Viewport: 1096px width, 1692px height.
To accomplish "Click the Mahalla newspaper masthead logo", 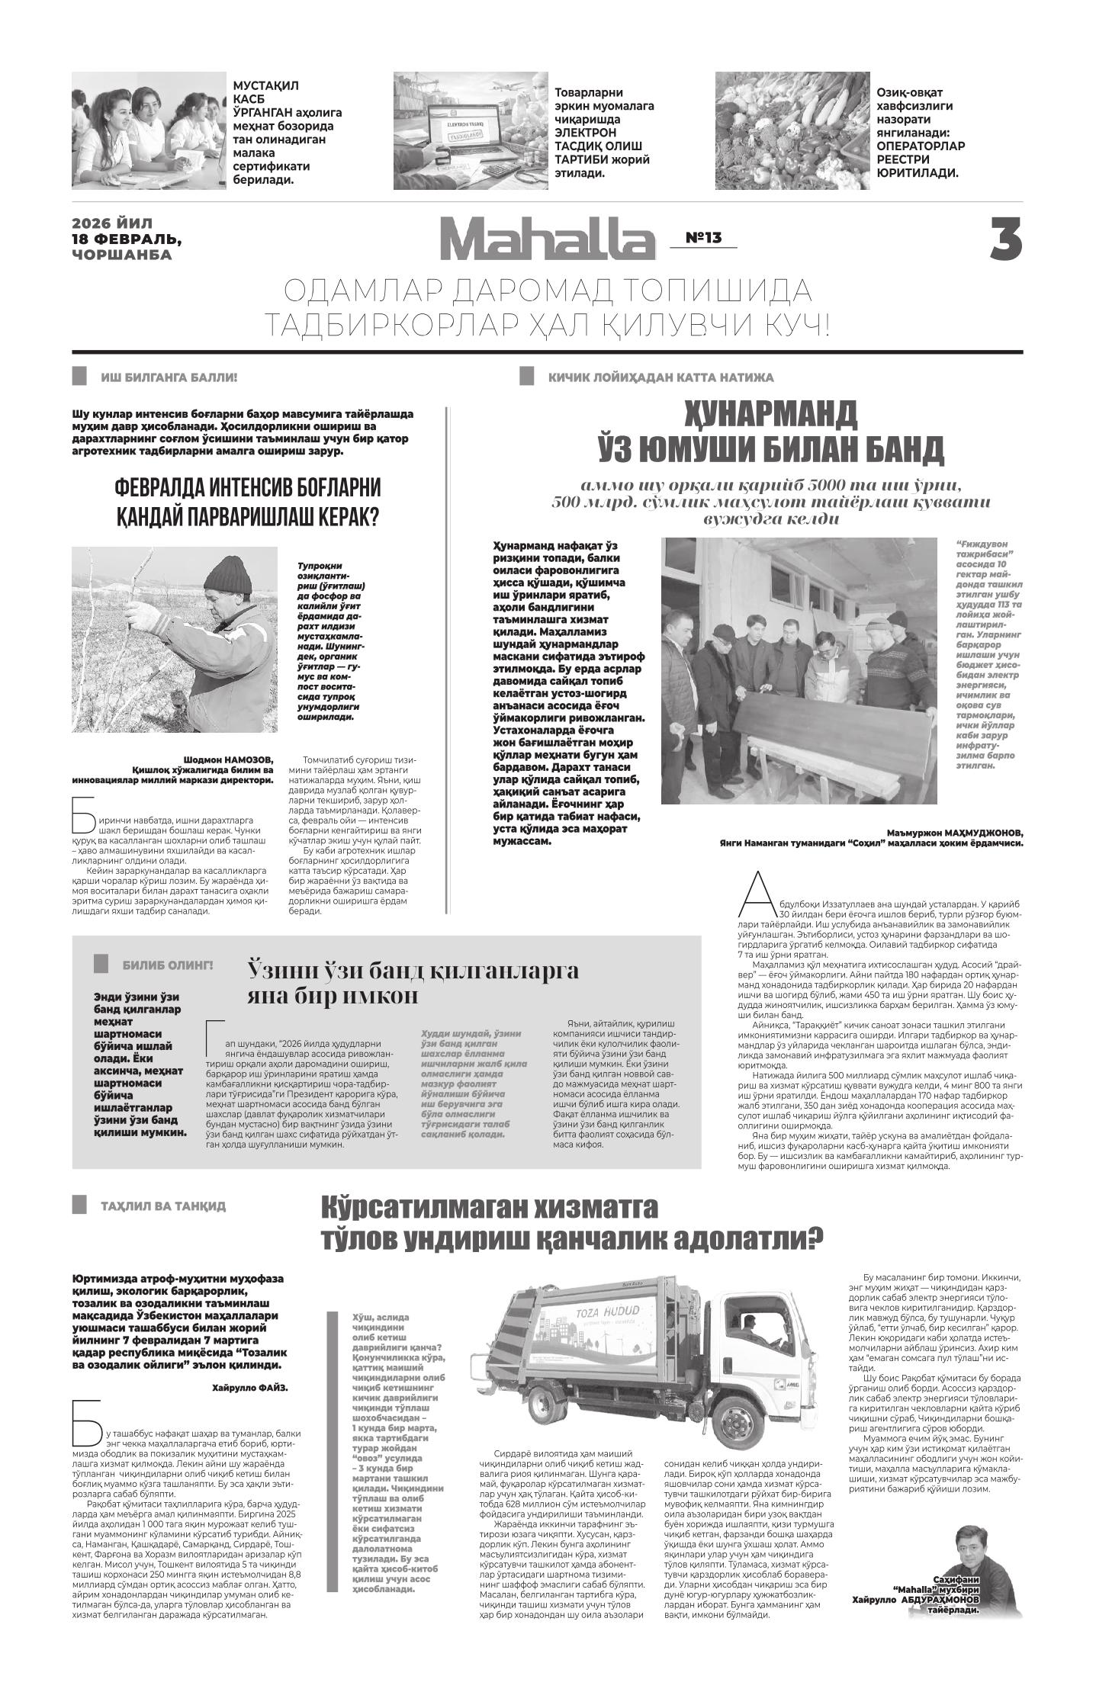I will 547,239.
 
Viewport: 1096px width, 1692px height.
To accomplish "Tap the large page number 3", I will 1005,239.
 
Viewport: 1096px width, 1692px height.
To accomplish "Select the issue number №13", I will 702,238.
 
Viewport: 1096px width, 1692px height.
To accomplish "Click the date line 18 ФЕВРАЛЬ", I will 127,239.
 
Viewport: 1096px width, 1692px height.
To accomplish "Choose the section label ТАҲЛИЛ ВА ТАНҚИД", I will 162,1206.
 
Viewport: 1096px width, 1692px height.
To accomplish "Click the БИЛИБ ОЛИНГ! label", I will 167,965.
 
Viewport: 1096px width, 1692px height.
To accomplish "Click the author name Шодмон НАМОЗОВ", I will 227,759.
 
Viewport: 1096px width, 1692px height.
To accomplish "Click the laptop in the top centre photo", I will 461,127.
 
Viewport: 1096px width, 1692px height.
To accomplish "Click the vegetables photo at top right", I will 792,130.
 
